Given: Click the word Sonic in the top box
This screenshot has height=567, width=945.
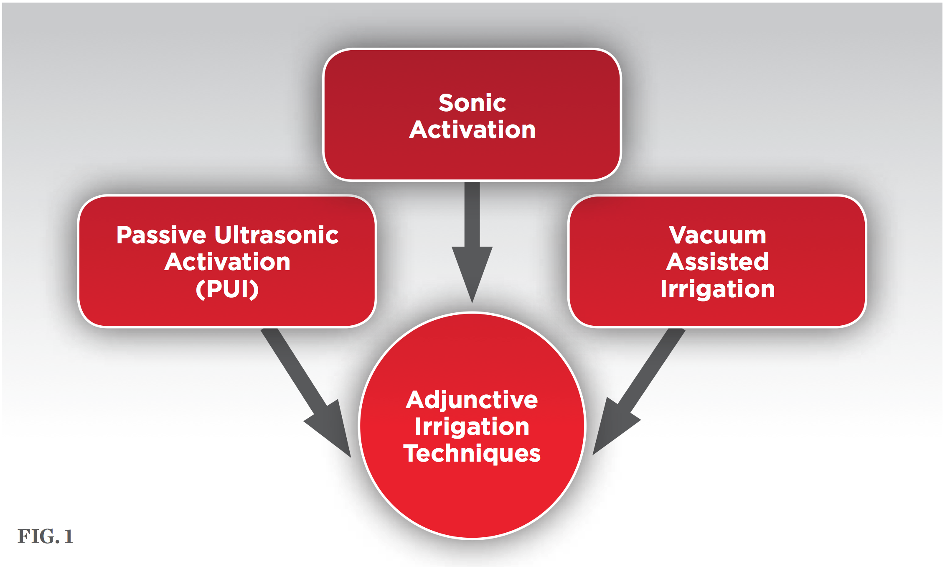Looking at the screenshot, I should (472, 103).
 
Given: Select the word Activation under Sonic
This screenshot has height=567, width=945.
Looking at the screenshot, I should (472, 130).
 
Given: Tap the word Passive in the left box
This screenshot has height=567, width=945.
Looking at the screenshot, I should (161, 235).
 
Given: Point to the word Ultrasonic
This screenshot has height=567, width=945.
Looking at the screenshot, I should (277, 235).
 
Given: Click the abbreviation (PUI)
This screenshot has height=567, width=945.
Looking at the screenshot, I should (227, 289).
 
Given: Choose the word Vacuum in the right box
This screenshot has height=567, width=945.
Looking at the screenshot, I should (717, 235).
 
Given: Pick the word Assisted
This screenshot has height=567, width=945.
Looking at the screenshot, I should (717, 262).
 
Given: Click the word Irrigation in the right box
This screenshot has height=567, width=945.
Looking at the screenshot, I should (717, 289).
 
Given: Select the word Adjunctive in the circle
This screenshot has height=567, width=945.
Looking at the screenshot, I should (472, 400).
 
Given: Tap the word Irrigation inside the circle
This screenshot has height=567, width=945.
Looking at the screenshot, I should (472, 427).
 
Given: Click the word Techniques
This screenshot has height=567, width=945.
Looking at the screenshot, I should (472, 454).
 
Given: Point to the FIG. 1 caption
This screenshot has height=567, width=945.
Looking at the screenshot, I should (45, 536).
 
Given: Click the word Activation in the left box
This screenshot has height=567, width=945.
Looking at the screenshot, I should (227, 262).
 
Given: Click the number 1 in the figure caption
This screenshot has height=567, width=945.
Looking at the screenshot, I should (69, 536).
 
